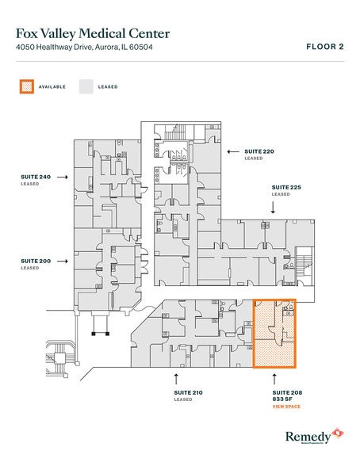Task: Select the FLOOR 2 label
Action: pos(324,47)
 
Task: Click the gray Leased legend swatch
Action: pos(86,86)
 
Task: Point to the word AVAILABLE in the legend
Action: pos(52,87)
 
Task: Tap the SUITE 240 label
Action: pos(35,178)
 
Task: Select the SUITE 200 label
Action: pos(35,262)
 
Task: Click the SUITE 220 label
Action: pos(259,151)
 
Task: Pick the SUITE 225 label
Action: pos(286,188)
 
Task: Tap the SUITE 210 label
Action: pos(188,392)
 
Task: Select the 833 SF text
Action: pos(283,399)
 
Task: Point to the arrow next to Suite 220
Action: pos(233,151)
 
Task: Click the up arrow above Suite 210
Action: pos(176,376)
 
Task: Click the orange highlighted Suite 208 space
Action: pos(274,334)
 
